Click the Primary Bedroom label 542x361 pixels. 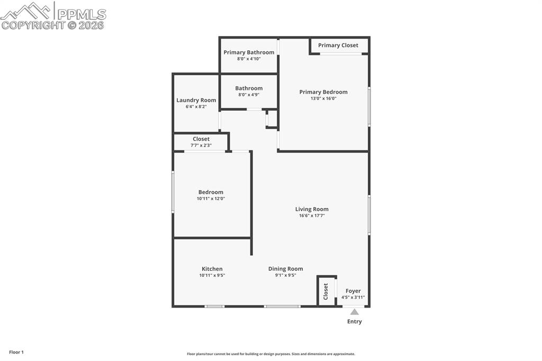point(323,92)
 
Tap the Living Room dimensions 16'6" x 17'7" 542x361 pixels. point(312,215)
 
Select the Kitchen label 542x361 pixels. point(212,269)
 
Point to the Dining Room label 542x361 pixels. point(285,269)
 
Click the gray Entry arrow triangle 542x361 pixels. point(354,312)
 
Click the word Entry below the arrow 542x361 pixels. point(354,321)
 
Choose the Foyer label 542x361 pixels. point(353,291)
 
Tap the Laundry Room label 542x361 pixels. point(196,100)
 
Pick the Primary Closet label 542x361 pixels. point(338,46)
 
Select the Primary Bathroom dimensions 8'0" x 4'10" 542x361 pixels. point(249,59)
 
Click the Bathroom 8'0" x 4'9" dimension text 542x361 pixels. point(249,95)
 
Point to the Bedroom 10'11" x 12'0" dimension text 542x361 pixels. point(211,198)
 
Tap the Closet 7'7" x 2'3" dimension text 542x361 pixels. point(201,145)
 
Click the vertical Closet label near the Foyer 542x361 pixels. point(326,291)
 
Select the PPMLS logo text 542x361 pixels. point(81,14)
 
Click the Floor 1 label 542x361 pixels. point(16,352)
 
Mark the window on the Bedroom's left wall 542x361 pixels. point(173,192)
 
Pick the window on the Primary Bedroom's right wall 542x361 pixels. point(369,106)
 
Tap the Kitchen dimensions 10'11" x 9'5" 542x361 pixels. point(212,275)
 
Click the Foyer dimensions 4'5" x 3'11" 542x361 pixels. point(353,297)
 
